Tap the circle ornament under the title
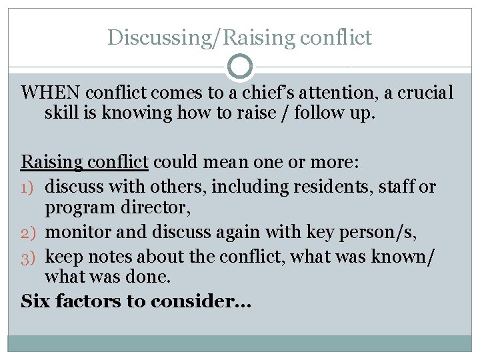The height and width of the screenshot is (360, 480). coord(240,67)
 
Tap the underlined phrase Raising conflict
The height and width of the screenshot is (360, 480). coord(85,162)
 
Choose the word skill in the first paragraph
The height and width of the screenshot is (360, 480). coord(61,113)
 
